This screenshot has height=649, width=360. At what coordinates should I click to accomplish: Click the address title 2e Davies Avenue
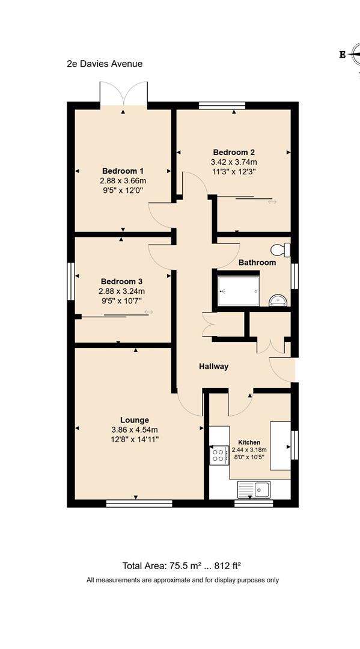click(x=105, y=64)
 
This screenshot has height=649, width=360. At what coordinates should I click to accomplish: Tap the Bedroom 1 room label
click(x=123, y=171)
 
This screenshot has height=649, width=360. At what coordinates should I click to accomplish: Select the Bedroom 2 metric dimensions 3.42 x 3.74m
click(x=234, y=162)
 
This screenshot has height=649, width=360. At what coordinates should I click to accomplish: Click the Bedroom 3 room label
click(x=121, y=281)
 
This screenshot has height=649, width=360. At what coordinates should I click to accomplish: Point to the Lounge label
click(x=134, y=420)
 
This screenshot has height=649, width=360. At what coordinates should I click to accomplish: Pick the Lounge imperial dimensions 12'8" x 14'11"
click(x=134, y=439)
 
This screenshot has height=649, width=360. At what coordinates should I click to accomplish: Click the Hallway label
click(x=214, y=366)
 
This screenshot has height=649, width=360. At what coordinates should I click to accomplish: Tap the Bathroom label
click(x=257, y=263)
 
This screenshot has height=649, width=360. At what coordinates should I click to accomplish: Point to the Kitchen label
click(x=249, y=441)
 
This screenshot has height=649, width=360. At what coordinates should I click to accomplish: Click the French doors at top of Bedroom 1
click(x=124, y=94)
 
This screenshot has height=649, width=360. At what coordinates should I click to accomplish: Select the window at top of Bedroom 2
click(x=222, y=105)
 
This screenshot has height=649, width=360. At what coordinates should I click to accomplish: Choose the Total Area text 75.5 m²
click(x=182, y=565)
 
